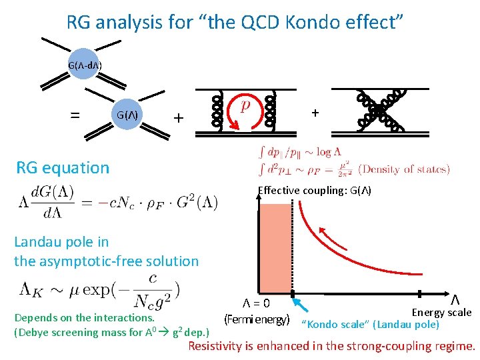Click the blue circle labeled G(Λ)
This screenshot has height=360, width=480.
127,115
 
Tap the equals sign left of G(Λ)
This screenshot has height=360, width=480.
75,115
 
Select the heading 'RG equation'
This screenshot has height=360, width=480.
63,167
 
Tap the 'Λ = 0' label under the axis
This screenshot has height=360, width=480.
256,304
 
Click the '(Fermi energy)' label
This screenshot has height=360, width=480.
257,319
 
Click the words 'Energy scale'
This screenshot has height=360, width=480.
441,312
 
